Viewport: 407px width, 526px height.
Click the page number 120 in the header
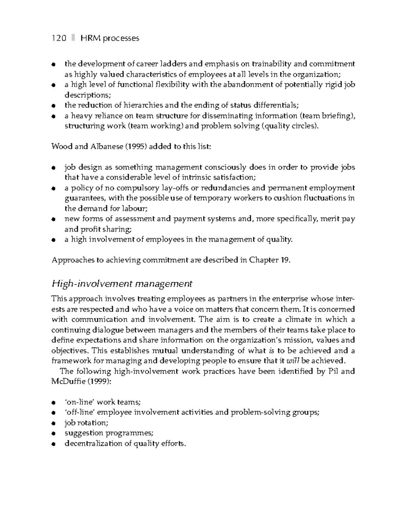[x=59, y=38]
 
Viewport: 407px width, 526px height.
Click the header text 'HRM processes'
[x=110, y=38]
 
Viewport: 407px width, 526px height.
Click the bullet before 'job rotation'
[x=53, y=423]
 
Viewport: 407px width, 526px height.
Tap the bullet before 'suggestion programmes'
[x=53, y=433]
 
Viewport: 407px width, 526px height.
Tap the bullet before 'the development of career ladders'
[x=53, y=64]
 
